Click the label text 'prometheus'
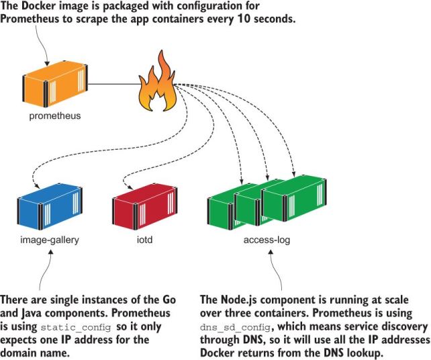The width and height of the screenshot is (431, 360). point(54,116)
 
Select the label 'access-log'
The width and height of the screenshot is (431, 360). point(267,239)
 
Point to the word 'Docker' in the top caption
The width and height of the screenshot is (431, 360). point(40,6)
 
